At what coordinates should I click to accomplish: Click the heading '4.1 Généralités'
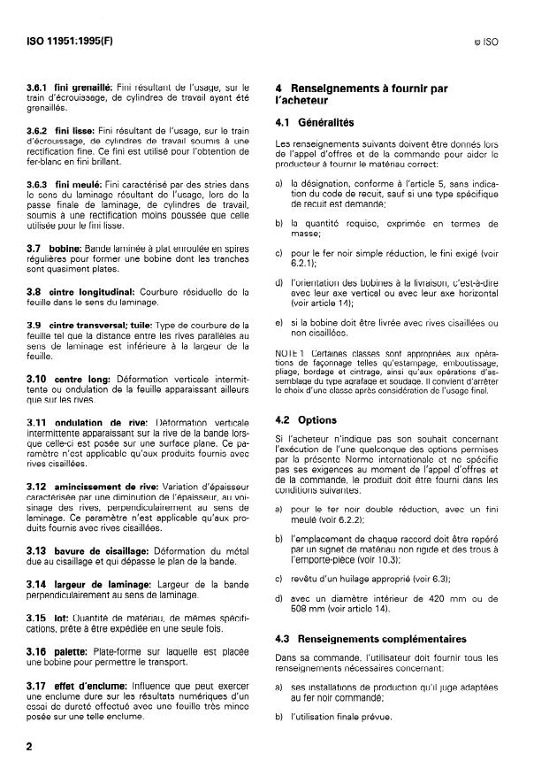tap(316, 123)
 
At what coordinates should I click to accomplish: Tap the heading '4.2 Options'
tap(306, 420)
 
